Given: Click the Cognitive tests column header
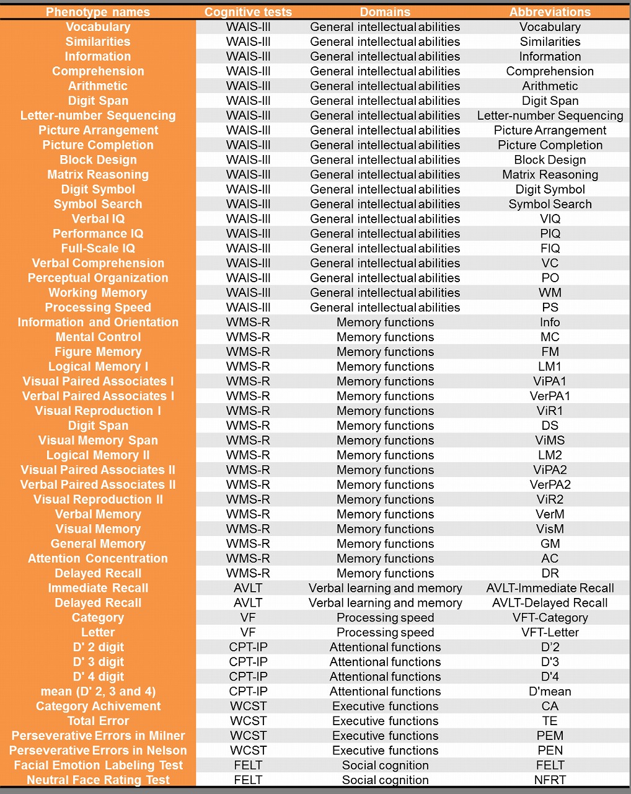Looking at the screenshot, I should click(x=248, y=12).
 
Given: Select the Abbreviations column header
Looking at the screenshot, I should click(x=550, y=12).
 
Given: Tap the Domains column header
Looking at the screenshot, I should click(x=385, y=12).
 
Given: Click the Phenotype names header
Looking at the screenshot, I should click(x=98, y=12).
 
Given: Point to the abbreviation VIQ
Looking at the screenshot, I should click(x=550, y=219).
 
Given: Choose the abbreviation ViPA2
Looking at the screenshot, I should click(x=550, y=470).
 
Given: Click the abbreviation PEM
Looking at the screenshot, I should click(x=550, y=736).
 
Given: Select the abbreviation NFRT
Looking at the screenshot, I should click(x=550, y=780).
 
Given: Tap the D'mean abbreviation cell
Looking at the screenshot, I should click(x=550, y=692).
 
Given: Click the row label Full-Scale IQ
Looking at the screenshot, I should click(x=98, y=248).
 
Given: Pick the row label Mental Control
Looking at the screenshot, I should click(x=98, y=337).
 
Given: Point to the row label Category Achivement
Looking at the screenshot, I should click(x=98, y=706).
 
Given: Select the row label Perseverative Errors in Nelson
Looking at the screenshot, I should click(x=98, y=751).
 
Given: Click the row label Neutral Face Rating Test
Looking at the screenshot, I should click(x=98, y=780).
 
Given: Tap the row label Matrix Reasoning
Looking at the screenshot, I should click(x=98, y=174).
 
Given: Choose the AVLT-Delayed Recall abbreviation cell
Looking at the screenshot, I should click(x=550, y=603).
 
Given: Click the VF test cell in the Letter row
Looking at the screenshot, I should click(x=248, y=632).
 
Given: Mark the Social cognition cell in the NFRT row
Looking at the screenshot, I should click(x=385, y=780).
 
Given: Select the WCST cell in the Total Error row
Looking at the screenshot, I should click(x=248, y=721).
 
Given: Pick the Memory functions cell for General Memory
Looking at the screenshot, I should click(x=385, y=544).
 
